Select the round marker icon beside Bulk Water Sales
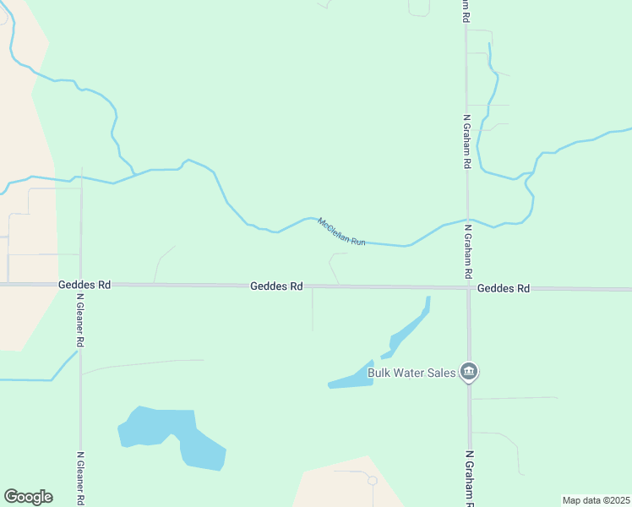click(x=470, y=372)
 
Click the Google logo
click(x=28, y=497)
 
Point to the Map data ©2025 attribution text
click(x=596, y=500)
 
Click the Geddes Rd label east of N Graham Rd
click(x=503, y=288)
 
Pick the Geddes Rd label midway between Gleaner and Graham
click(x=276, y=286)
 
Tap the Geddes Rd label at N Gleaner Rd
click(x=84, y=285)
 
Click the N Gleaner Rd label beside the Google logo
click(x=81, y=478)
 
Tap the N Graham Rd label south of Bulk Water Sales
click(x=469, y=478)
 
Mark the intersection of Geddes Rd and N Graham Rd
click(x=468, y=288)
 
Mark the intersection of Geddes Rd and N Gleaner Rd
click(x=81, y=284)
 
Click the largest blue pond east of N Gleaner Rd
click(x=169, y=431)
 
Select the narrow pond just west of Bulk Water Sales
click(x=351, y=379)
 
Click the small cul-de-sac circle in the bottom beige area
click(x=372, y=480)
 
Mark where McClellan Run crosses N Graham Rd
click(x=467, y=218)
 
